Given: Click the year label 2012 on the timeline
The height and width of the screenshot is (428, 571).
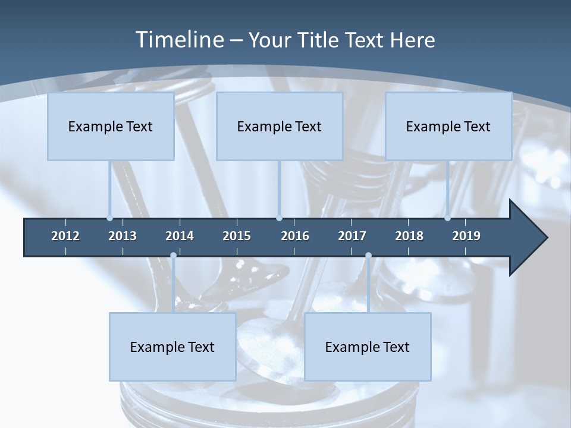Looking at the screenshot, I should pyautogui.click(x=65, y=236).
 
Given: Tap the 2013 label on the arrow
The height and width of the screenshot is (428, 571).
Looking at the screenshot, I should pyautogui.click(x=123, y=236).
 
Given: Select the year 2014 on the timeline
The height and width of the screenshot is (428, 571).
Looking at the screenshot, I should pyautogui.click(x=180, y=236).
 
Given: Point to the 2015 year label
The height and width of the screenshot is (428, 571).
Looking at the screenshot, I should pyautogui.click(x=237, y=236).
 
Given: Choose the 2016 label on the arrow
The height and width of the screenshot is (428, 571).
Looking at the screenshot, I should pyautogui.click(x=295, y=236).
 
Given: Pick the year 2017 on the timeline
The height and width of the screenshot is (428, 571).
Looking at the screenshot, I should pyautogui.click(x=352, y=236).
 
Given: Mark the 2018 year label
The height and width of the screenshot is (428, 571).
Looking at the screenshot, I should pyautogui.click(x=409, y=236).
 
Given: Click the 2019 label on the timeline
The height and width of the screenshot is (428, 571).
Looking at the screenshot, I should pyautogui.click(x=466, y=236).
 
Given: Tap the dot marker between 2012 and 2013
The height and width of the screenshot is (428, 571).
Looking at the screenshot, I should pyautogui.click(x=109, y=218).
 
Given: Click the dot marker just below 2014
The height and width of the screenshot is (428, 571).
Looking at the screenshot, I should pyautogui.click(x=173, y=256).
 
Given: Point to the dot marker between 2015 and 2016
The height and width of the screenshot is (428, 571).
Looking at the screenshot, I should pyautogui.click(x=280, y=218).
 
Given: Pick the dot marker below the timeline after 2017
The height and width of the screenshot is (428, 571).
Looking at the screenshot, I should pyautogui.click(x=368, y=256).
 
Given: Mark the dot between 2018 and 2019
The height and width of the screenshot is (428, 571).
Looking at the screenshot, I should pyautogui.click(x=447, y=218).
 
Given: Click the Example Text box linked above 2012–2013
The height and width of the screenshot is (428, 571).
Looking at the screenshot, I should pyautogui.click(x=111, y=126).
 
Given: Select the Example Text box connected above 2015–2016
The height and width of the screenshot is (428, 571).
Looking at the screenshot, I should pyautogui.click(x=280, y=126).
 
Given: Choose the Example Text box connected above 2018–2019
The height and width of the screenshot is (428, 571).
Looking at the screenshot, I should pyautogui.click(x=448, y=126).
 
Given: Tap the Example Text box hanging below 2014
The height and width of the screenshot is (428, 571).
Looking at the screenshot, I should pyautogui.click(x=172, y=347).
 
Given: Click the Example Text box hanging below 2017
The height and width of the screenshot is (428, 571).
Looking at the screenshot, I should pyautogui.click(x=368, y=347).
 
